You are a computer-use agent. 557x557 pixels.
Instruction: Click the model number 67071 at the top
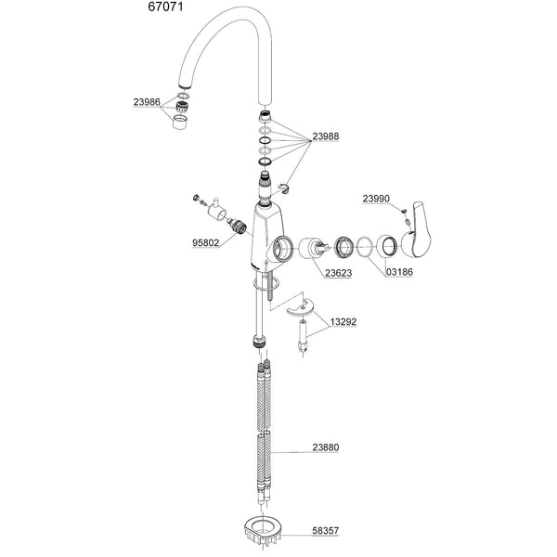click(x=165, y=6)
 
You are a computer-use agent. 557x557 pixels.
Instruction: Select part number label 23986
click(x=147, y=102)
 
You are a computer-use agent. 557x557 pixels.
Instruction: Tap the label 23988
click(x=326, y=136)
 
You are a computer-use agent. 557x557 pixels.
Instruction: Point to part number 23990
click(x=376, y=199)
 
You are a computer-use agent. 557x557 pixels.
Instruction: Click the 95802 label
click(x=206, y=243)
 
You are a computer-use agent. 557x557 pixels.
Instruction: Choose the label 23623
click(x=339, y=273)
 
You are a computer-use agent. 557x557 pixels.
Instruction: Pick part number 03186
click(x=399, y=272)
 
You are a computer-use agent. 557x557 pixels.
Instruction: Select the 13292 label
click(x=343, y=322)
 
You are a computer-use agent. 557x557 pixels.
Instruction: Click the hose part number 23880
click(x=326, y=447)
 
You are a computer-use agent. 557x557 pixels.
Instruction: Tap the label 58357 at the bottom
click(x=326, y=531)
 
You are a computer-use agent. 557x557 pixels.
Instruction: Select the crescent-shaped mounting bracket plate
click(x=300, y=307)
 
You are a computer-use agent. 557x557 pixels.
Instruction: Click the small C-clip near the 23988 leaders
click(x=285, y=188)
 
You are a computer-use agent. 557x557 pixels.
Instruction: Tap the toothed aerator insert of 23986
click(x=182, y=106)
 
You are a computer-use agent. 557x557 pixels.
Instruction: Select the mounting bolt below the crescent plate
click(x=303, y=336)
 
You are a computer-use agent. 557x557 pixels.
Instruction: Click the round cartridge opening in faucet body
click(x=283, y=247)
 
